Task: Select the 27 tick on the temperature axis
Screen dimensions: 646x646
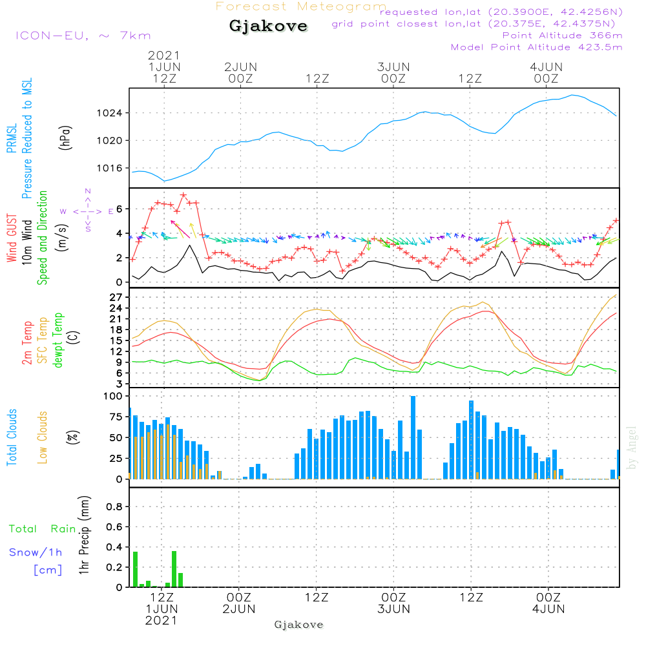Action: [116, 297]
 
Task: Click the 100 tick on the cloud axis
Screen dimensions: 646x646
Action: [113, 396]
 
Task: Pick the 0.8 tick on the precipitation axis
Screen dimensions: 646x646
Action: [114, 506]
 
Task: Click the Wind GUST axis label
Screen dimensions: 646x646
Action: [12, 239]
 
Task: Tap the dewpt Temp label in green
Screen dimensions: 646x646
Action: [58, 340]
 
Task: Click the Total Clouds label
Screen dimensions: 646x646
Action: [12, 437]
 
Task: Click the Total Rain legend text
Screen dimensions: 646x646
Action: [42, 529]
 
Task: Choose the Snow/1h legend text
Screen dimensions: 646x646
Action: [36, 552]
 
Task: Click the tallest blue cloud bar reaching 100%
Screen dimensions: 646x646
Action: [413, 437]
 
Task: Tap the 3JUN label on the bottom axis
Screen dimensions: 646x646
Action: [393, 609]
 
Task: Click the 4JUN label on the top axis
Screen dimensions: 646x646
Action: [546, 67]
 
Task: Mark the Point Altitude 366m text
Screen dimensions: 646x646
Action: [562, 36]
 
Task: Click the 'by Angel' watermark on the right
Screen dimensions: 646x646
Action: [632, 447]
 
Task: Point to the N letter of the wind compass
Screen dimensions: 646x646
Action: [88, 191]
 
